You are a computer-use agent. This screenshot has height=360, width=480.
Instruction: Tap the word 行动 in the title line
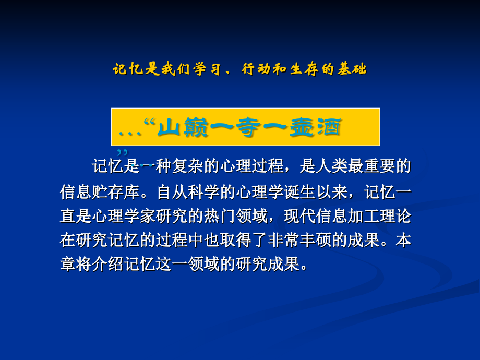255,69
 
